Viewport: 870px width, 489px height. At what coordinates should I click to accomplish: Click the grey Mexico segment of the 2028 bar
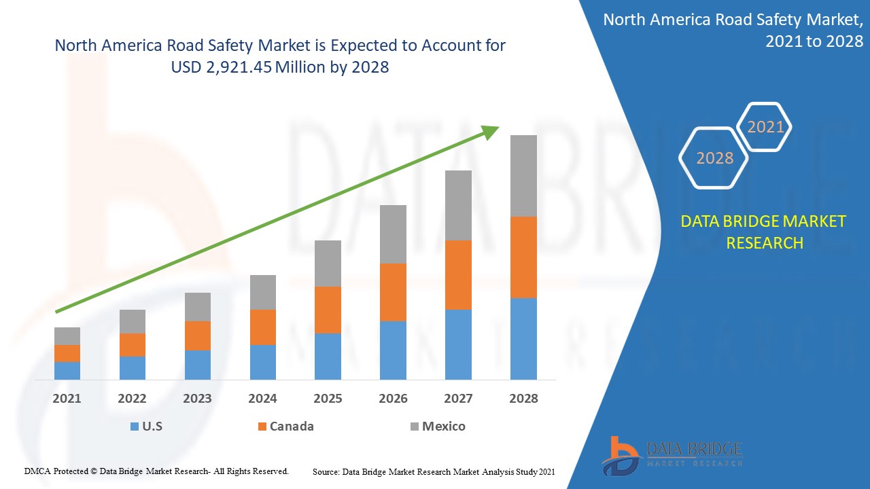(x=523, y=176)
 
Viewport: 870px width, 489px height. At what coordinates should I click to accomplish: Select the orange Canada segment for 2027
(x=458, y=275)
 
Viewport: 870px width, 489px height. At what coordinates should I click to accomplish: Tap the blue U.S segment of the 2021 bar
(x=67, y=370)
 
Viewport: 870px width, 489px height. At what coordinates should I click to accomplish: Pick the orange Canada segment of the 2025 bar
(x=328, y=310)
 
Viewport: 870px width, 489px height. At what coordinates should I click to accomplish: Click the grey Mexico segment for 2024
(x=263, y=292)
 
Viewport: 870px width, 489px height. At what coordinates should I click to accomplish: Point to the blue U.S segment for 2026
(x=393, y=350)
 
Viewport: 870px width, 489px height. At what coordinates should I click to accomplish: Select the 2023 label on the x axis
(x=197, y=399)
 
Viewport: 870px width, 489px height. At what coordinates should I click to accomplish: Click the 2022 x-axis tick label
(x=132, y=399)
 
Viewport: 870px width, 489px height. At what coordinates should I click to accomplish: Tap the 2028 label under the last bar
(x=523, y=399)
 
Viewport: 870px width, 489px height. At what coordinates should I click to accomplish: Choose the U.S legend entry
(x=146, y=427)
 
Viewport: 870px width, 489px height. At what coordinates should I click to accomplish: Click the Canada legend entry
(x=285, y=427)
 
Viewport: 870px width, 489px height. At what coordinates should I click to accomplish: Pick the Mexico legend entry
(x=438, y=427)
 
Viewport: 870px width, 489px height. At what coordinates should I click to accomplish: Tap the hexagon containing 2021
(x=765, y=127)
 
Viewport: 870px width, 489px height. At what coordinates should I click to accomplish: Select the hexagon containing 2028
(x=714, y=158)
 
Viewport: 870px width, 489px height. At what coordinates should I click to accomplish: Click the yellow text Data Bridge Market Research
(x=764, y=232)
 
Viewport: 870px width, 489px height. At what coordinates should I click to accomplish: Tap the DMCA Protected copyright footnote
(x=156, y=471)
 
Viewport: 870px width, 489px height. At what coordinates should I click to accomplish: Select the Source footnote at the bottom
(x=434, y=471)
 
